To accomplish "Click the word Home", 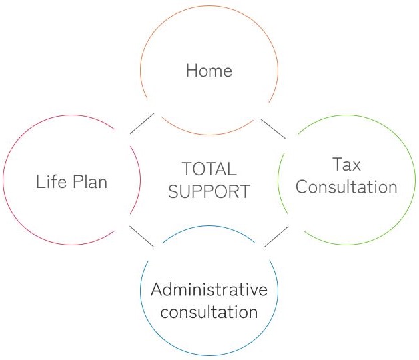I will coord(209,70).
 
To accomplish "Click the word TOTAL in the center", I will coord(209,169).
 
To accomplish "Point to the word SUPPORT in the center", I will coord(209,192).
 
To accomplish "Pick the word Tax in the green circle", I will coord(346,164).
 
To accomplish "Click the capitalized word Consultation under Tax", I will coord(346,187).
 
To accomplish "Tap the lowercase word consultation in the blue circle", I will coord(209,312).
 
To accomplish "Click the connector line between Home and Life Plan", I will coord(141,124).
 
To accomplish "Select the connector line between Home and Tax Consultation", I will coord(273,129).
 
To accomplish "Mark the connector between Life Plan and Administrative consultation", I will coord(141,237).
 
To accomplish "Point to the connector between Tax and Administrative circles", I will coord(276,237).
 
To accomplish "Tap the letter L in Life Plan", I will coord(40,181).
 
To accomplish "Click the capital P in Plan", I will coord(76,181).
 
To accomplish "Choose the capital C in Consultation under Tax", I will coord(302,187).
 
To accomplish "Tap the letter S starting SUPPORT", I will coord(174,192).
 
